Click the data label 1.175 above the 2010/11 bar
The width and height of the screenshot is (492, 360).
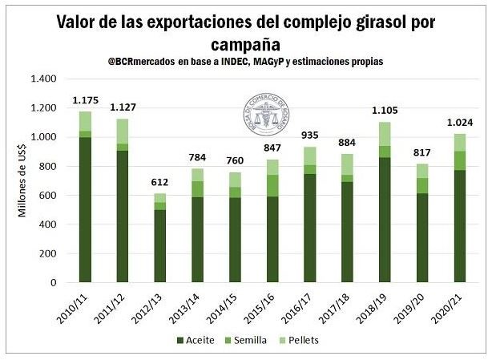pyautogui.click(x=85, y=100)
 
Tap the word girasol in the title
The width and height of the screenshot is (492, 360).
pyautogui.click(x=369, y=22)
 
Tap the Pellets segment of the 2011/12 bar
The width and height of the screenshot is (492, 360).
pyautogui.click(x=122, y=131)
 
